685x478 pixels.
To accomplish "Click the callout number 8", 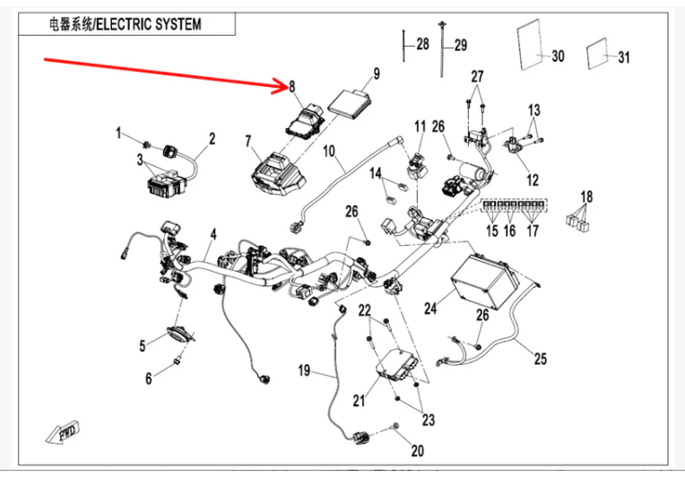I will point(291,86).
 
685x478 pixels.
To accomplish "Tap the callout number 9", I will point(377,74).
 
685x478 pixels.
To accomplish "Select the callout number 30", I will point(558,56).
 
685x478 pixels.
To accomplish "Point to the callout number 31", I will point(623,57).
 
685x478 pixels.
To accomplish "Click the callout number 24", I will point(431,309).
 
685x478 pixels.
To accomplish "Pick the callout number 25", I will point(539,360).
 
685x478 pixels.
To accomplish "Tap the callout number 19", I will point(304,369).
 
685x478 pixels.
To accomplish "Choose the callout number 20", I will point(418,450).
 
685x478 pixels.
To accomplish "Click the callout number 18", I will point(586,196).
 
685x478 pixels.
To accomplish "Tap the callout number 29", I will point(461,46).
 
